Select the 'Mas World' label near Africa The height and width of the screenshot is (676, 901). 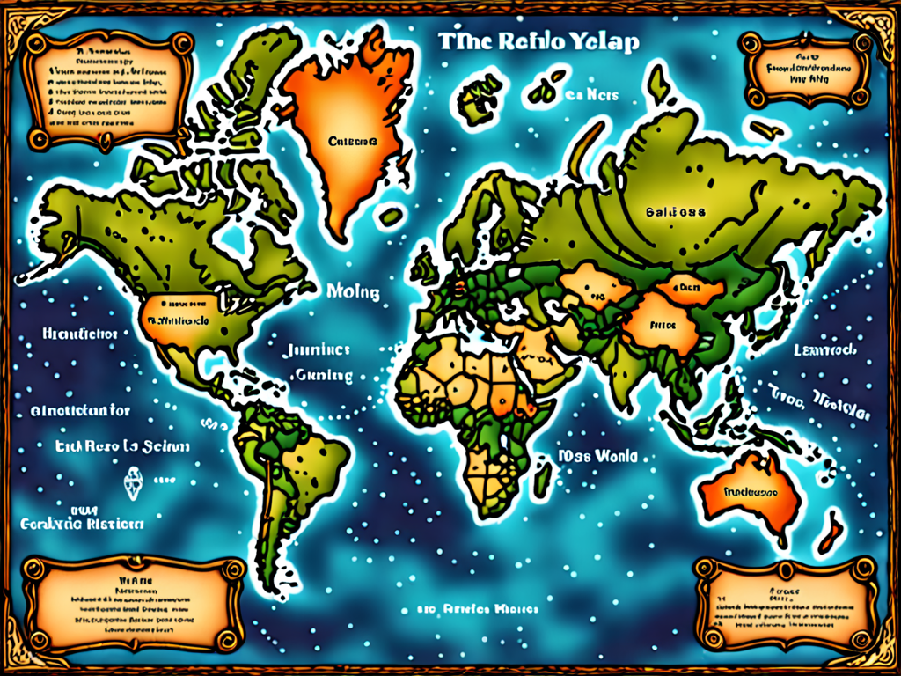[597, 458]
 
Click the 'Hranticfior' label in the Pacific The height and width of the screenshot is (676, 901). [80, 334]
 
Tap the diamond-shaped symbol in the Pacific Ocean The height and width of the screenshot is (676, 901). [135, 481]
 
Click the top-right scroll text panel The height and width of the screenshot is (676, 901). [800, 70]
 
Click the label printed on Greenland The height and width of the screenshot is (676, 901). [352, 141]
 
